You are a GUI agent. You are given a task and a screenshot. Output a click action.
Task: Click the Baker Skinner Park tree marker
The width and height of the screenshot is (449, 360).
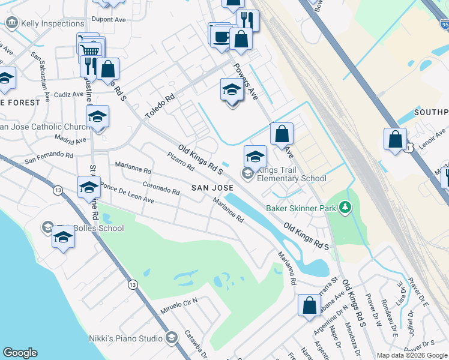[x=345, y=208]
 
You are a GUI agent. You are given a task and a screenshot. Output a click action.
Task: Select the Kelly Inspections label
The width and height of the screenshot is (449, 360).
[x=52, y=23]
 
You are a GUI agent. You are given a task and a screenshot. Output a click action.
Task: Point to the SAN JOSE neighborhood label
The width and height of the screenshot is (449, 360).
[x=212, y=188]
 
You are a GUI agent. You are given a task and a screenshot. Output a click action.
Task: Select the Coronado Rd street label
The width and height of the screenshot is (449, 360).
[x=161, y=188]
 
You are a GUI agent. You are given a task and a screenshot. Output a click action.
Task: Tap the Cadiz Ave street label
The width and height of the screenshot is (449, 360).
[x=68, y=94]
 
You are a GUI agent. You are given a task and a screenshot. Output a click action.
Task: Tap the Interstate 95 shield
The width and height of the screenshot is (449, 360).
[x=444, y=25]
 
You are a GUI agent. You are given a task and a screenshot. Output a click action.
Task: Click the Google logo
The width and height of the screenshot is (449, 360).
[x=20, y=353]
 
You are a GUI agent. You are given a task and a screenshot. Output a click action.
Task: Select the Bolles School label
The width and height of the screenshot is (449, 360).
[x=96, y=228]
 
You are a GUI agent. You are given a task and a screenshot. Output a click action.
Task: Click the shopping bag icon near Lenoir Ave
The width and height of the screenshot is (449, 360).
[x=396, y=140]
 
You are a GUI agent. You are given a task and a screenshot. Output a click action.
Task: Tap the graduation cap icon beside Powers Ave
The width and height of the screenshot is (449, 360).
[x=232, y=90]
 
